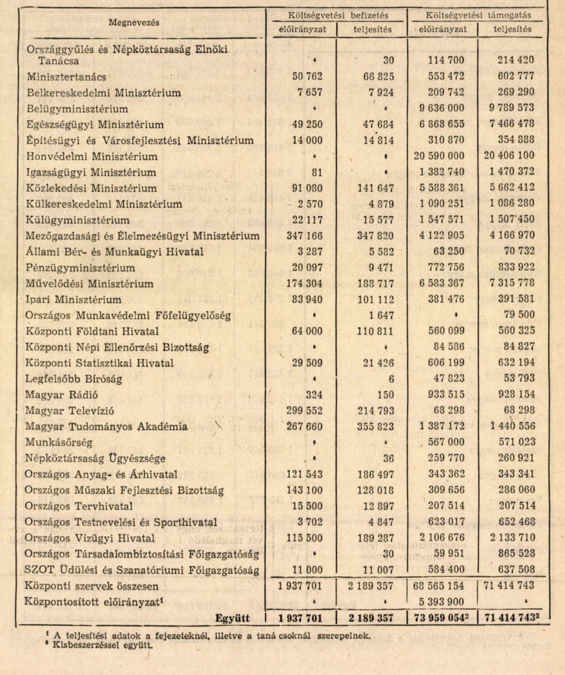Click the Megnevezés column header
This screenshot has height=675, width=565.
(x=134, y=23)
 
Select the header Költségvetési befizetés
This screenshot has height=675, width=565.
(x=338, y=15)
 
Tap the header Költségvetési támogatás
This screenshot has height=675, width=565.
(x=478, y=15)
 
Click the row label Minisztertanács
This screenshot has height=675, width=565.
(x=66, y=77)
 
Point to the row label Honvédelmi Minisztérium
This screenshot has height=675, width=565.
(x=92, y=157)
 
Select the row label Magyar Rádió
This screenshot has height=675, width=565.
(x=62, y=395)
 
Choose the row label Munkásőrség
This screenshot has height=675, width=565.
(x=59, y=443)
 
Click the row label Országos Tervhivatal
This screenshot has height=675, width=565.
(x=78, y=506)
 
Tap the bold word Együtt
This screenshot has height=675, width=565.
(x=233, y=618)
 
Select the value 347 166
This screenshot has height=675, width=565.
(x=304, y=236)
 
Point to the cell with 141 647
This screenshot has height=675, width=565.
(x=375, y=188)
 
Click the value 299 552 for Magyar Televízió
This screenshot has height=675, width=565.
(x=304, y=411)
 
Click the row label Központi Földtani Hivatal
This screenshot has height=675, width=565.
(x=92, y=331)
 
